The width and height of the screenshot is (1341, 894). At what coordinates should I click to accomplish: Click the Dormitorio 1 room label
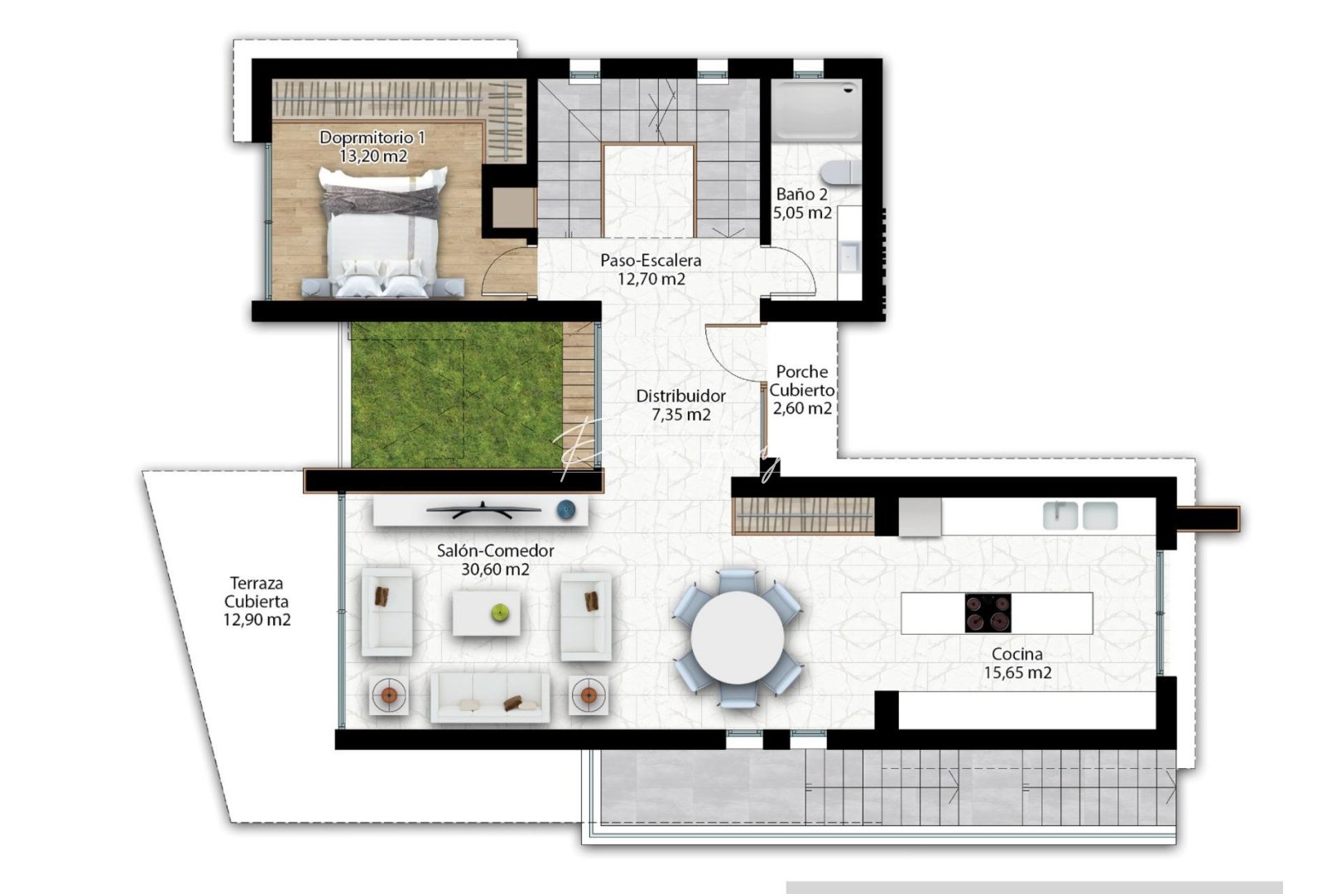(x=372, y=137)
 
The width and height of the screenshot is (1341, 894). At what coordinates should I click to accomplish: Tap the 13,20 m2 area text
(x=373, y=156)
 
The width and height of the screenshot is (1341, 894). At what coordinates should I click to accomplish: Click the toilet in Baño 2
(x=840, y=173)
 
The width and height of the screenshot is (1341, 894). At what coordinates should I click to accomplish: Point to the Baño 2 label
(x=801, y=195)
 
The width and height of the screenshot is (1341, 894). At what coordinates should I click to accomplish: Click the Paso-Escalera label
(x=651, y=260)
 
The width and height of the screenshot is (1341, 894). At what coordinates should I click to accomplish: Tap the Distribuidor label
(x=680, y=397)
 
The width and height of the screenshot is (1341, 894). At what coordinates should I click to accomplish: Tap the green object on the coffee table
(x=500, y=613)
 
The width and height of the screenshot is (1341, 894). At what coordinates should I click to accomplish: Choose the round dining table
(x=737, y=637)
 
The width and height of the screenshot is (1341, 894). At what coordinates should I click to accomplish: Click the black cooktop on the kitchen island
(x=988, y=613)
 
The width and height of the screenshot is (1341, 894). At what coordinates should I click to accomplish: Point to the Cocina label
(x=1017, y=654)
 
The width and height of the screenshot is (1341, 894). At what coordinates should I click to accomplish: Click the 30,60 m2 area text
(x=495, y=570)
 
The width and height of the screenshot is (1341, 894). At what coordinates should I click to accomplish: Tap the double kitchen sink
(x=1080, y=516)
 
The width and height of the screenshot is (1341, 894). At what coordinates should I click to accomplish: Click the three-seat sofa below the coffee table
(x=489, y=697)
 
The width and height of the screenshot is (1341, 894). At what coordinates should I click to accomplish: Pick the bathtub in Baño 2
(x=816, y=109)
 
